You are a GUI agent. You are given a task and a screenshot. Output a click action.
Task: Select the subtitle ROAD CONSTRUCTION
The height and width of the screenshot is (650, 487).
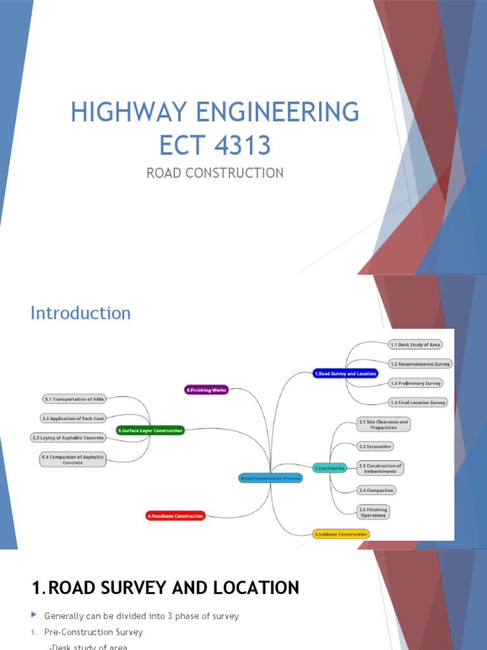(x=215, y=173)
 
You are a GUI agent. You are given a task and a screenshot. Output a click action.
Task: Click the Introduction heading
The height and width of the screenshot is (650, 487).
(x=81, y=313)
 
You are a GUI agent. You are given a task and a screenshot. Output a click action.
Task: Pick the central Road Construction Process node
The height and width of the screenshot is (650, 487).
(x=271, y=478)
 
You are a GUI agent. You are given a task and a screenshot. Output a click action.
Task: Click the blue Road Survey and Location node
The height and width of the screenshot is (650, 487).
(x=346, y=374)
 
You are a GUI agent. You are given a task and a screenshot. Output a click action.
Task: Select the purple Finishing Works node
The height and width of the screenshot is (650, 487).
(x=206, y=390)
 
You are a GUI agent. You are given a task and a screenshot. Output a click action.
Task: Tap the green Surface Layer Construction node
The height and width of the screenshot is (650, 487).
(x=150, y=430)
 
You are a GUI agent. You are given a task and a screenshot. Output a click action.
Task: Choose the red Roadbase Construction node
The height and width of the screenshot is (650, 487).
(x=175, y=516)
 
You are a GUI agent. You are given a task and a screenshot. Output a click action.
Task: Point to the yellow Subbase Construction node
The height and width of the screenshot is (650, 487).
(x=341, y=534)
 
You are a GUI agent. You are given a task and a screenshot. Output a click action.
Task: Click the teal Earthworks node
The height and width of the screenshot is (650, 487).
(x=330, y=468)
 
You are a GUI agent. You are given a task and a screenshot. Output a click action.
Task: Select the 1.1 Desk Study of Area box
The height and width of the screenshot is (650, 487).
(x=415, y=345)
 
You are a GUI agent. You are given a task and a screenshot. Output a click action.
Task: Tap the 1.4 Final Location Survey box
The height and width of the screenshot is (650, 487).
(x=419, y=402)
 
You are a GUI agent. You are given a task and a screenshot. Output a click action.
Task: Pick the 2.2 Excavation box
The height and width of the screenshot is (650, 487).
(x=375, y=446)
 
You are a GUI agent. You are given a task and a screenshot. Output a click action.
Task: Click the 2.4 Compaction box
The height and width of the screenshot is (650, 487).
(x=376, y=490)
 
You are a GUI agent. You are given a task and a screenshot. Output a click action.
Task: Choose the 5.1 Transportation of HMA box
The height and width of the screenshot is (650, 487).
(x=74, y=399)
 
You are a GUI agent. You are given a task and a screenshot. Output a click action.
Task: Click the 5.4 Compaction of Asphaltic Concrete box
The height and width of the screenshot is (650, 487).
(x=72, y=460)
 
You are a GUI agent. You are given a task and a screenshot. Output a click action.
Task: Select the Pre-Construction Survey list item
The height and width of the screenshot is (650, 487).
(x=93, y=632)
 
